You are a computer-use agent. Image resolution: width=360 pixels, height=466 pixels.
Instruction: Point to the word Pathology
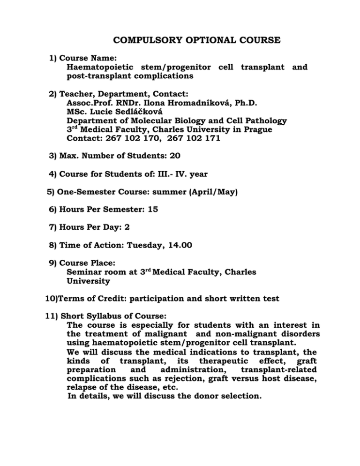pyautogui.click(x=266, y=120)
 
